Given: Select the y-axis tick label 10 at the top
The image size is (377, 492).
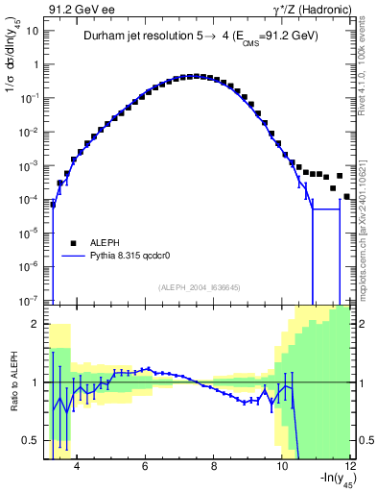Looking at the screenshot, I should pos(33,31).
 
